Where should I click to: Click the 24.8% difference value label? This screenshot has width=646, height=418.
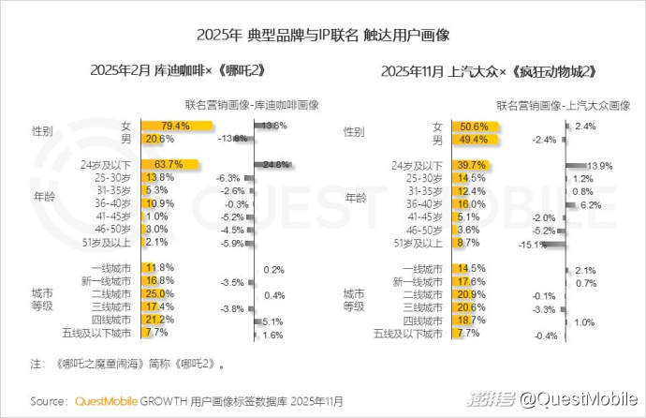tap(275, 165)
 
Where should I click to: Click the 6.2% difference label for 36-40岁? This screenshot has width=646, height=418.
tap(590, 204)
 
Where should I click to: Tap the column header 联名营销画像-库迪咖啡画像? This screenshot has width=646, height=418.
tap(252, 103)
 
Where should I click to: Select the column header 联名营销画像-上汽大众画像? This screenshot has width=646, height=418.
tap(562, 103)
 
